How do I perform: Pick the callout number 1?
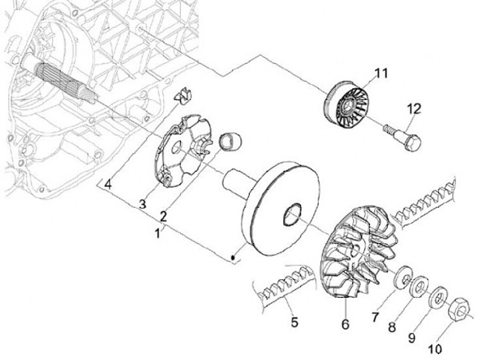[157, 234]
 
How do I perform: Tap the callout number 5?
[295, 323]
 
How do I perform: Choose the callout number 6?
[345, 324]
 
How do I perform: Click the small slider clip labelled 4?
[180, 96]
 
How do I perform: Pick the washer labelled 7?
[403, 277]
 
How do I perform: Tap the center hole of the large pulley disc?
[293, 215]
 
